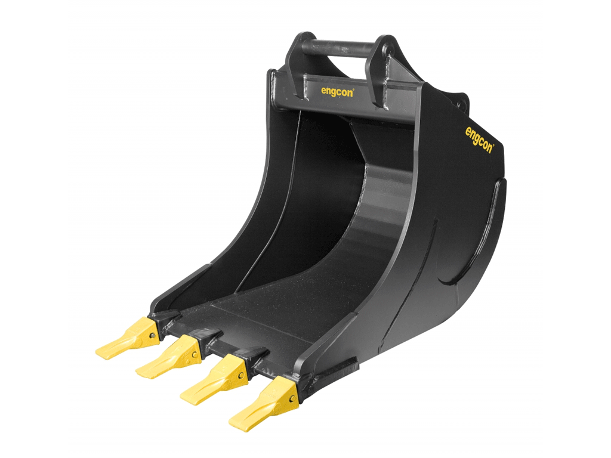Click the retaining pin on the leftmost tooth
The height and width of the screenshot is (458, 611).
pos(153,336)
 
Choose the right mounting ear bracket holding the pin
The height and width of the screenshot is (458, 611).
pos(382,69)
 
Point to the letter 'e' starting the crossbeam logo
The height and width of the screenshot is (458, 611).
pos(323,93)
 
